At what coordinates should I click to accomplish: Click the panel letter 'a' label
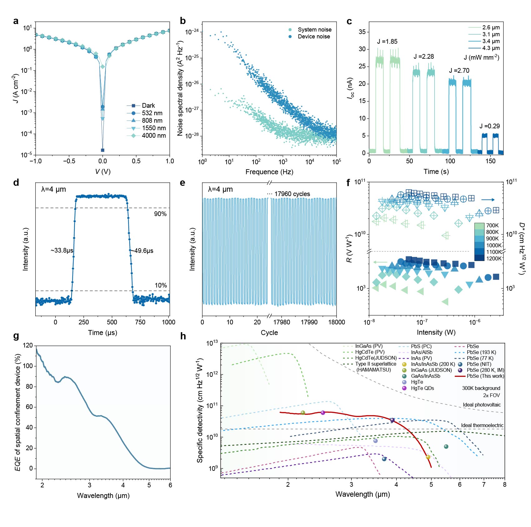[16, 21]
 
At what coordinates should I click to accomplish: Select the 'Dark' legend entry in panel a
[148, 106]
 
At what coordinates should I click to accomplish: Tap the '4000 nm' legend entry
[154, 135]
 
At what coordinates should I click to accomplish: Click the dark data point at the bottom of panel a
[103, 150]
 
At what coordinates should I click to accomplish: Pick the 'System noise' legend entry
[314, 30]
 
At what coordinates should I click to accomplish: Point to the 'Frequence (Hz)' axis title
[269, 172]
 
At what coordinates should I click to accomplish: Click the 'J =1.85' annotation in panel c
[387, 42]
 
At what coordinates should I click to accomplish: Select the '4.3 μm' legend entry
[491, 48]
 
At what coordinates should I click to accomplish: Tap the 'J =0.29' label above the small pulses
[489, 126]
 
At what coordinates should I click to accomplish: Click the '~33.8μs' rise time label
[62, 250]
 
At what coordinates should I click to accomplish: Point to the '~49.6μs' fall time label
[142, 251]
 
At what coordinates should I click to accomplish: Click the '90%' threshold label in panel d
[160, 214]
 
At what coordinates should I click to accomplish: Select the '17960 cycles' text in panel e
[292, 194]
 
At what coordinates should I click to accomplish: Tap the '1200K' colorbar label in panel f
[494, 258]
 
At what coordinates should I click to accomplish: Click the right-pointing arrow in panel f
[488, 199]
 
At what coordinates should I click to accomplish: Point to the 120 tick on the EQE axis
[28, 345]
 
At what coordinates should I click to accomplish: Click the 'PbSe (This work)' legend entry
[485, 376]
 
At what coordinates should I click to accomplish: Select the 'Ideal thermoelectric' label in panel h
[482, 425]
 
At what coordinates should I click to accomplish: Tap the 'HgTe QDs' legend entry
[422, 388]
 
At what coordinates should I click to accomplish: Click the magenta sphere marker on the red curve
[323, 413]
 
